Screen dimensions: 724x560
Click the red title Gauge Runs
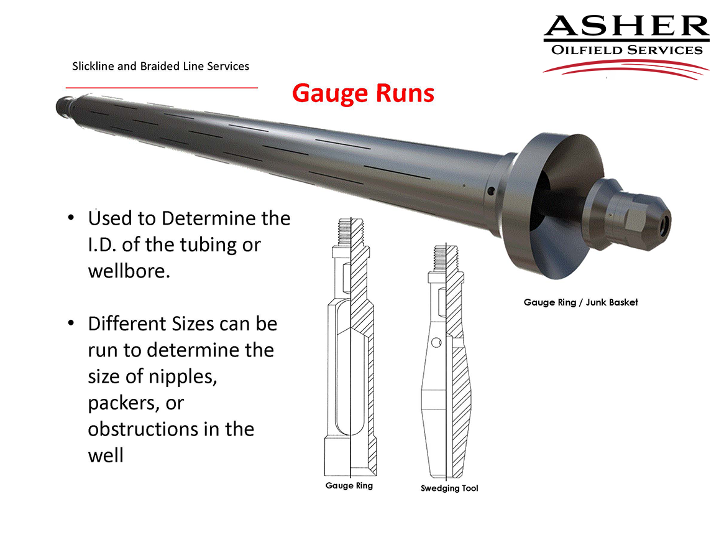coord(363,93)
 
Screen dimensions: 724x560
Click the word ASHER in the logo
coord(626,26)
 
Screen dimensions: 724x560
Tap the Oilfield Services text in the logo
coord(626,50)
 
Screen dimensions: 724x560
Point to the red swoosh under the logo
coord(626,68)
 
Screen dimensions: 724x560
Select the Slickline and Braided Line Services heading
coord(161,67)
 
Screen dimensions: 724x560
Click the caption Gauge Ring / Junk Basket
coord(580,302)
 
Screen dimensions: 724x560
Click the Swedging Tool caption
coord(449,488)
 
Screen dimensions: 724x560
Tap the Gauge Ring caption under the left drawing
coord(349,485)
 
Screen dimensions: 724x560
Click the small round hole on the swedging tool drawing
coord(436,343)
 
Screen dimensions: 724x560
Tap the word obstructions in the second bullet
coord(145,429)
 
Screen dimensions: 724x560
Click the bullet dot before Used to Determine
coord(71,217)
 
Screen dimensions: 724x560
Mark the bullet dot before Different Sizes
coord(71,323)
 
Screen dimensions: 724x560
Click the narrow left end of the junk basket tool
coord(64,106)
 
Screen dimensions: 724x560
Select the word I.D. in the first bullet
coord(102,245)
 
